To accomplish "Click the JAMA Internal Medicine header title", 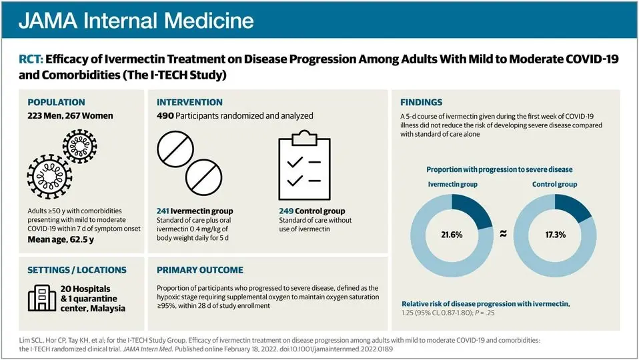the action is coord(136,21).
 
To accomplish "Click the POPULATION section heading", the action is coord(56,102).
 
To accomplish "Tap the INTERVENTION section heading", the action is coord(189,102).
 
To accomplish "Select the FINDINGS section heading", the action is coord(421,102).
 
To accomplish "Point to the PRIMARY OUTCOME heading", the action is coord(200,270).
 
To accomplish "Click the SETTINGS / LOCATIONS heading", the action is coord(77,270).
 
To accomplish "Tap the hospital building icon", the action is coord(42,298).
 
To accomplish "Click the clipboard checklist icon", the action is coord(304,165).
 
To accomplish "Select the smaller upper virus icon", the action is coord(80,146).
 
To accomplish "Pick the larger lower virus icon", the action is coord(50,177).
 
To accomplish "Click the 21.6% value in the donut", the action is coord(452,235).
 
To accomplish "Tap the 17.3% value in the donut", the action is coord(556,235).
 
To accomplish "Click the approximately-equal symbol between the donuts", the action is coord(504,233).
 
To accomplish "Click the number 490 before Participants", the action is coord(165,115).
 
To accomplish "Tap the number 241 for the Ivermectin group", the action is coord(163,211).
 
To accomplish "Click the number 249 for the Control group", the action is coord(286,211).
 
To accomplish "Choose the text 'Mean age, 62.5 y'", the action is coord(61,239).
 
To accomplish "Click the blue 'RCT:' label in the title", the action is coord(31,59).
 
